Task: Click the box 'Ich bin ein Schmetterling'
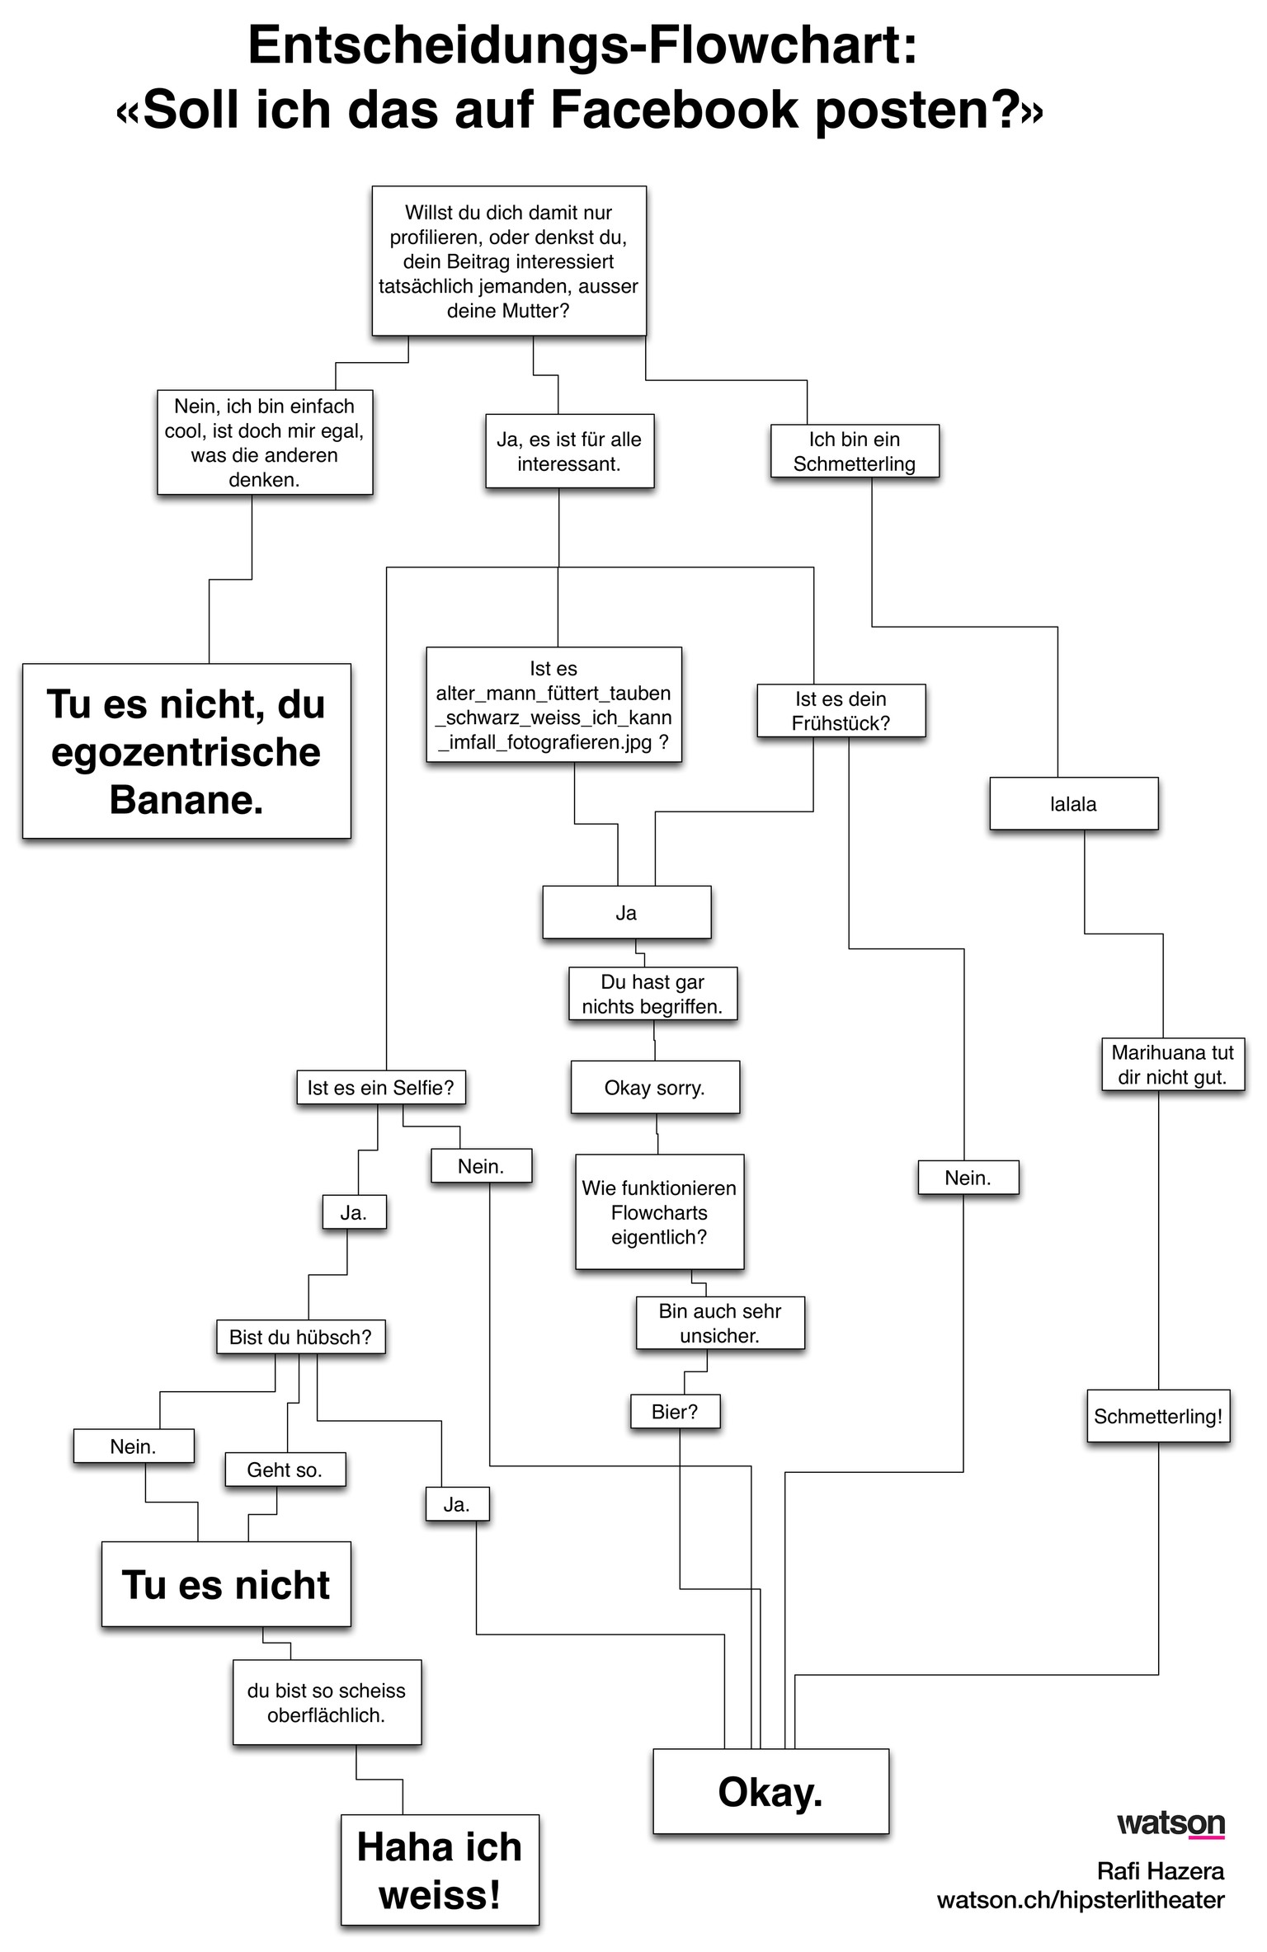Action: (855, 451)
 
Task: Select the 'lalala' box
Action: (1073, 804)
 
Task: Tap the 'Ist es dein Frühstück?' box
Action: (841, 710)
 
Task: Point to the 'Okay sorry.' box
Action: (655, 1088)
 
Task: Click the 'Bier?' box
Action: (675, 1411)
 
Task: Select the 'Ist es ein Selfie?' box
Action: (380, 1088)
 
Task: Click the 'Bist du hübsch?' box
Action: (300, 1337)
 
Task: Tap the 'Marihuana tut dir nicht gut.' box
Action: (1172, 1065)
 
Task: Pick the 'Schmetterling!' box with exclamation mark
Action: (1158, 1416)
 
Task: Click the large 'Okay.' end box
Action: (770, 1791)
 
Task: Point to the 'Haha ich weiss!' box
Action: (440, 1870)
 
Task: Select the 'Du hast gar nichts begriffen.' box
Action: (652, 994)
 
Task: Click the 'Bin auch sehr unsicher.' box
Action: (719, 1323)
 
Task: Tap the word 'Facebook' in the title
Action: (674, 110)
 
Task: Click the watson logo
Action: (1170, 1823)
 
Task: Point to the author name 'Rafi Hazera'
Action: (1160, 1870)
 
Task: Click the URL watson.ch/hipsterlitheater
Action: (1081, 1900)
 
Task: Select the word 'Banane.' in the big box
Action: (186, 799)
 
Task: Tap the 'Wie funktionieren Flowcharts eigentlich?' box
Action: (659, 1211)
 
